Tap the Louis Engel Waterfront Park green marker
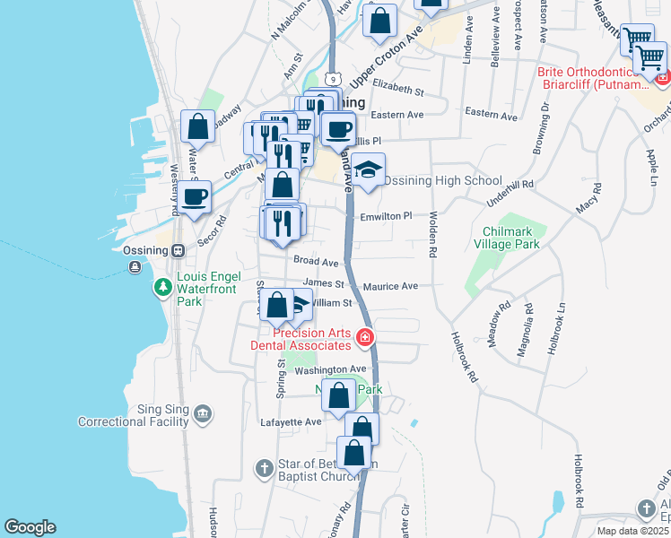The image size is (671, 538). click(x=162, y=288)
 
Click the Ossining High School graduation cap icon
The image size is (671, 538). click(x=367, y=169)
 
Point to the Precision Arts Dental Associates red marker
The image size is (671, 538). click(x=365, y=338)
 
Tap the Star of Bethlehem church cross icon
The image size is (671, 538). click(x=264, y=468)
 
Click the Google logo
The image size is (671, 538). click(x=30, y=527)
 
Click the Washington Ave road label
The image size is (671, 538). click(x=330, y=369)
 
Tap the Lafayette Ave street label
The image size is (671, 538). click(x=290, y=421)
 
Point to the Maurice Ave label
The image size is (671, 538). click(x=390, y=286)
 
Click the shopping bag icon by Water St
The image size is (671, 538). click(x=197, y=126)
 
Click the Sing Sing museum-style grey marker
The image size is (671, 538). click(x=204, y=413)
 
